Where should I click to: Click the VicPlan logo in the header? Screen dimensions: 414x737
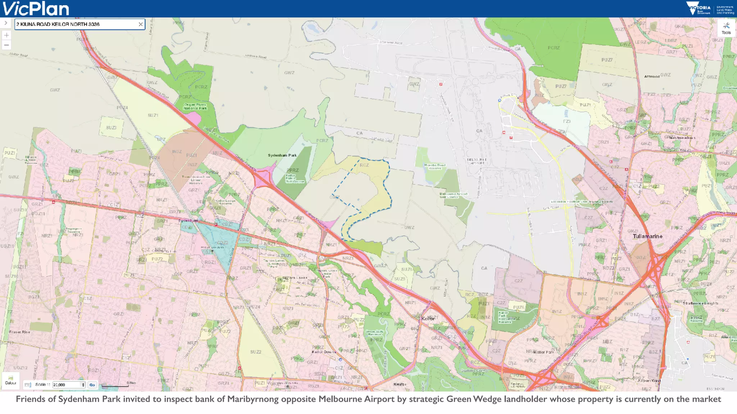(x=36, y=9)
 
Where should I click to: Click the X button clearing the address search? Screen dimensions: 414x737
(x=141, y=24)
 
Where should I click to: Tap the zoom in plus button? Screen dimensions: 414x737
(x=6, y=35)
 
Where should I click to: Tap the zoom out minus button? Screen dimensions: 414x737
(x=6, y=45)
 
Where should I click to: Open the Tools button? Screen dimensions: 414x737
(x=726, y=28)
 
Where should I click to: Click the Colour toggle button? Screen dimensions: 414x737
(x=11, y=380)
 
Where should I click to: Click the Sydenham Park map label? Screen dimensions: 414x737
(x=282, y=155)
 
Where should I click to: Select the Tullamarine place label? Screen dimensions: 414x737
(x=647, y=236)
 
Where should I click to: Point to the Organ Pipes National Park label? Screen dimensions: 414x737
(x=195, y=106)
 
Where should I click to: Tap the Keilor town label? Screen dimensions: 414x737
(x=428, y=318)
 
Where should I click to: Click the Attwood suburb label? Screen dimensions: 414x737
(x=652, y=77)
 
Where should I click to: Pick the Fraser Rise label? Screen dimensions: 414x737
(x=20, y=332)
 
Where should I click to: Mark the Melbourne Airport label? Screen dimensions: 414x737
(x=477, y=161)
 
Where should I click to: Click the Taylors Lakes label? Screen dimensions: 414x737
(x=295, y=278)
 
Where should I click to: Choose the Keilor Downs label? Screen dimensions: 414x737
(x=324, y=352)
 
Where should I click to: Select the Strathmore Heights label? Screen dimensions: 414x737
(x=701, y=303)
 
